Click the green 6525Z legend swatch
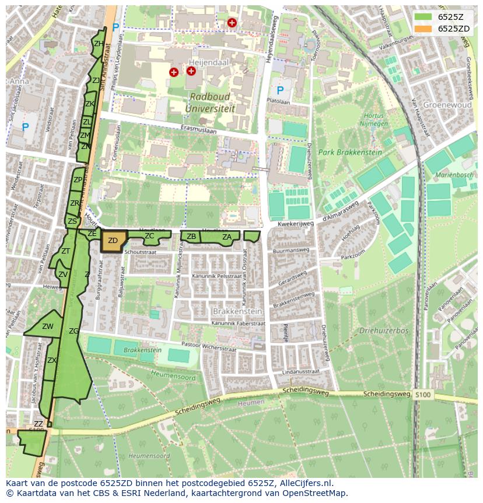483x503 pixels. (x=423, y=17)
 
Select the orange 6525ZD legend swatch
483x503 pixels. (x=423, y=29)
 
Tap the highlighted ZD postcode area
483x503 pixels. (x=113, y=241)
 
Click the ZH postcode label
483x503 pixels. (x=99, y=44)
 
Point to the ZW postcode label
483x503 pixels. (x=48, y=327)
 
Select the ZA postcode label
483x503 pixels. (x=227, y=237)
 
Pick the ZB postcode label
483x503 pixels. (x=191, y=237)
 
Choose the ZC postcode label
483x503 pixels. (x=149, y=236)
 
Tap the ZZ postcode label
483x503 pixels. (x=38, y=424)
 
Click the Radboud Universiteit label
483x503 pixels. (x=208, y=102)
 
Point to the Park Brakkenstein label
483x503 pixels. (x=350, y=152)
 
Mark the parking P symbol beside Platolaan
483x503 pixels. (x=280, y=91)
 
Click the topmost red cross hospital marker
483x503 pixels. (x=232, y=23)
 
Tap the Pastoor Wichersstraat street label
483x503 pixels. (x=222, y=345)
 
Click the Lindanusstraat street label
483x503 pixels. (x=300, y=372)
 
